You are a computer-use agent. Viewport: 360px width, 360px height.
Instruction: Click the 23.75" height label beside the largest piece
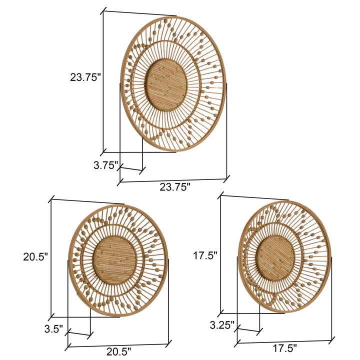click(x=85, y=77)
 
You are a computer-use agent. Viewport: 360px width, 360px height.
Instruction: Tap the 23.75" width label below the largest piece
click(x=175, y=187)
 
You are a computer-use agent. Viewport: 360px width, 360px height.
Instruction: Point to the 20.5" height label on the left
click(x=35, y=257)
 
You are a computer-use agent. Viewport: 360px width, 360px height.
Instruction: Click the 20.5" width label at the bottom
click(x=118, y=351)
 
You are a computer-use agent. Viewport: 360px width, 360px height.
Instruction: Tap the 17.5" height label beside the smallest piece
click(x=205, y=255)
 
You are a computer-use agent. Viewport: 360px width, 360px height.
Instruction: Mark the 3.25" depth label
click(x=222, y=324)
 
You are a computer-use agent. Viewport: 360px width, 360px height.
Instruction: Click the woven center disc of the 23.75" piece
click(x=166, y=84)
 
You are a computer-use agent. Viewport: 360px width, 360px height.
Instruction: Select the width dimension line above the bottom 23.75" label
click(x=173, y=179)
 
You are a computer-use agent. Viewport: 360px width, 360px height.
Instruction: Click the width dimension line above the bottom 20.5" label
click(x=118, y=344)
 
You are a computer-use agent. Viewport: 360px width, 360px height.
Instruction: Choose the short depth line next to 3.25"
click(x=249, y=329)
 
